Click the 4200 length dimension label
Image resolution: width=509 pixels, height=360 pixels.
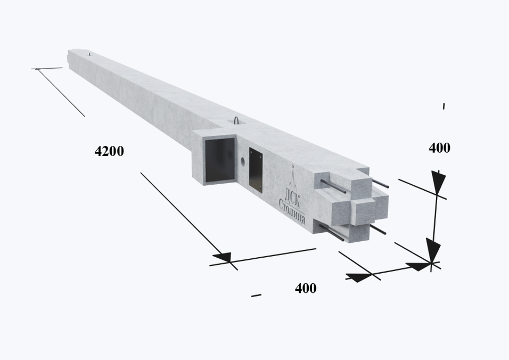(109, 151)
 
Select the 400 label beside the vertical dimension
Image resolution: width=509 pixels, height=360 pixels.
(440, 148)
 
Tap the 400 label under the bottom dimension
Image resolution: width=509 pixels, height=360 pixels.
(306, 288)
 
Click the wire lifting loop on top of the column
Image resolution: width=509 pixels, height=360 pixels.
(236, 120)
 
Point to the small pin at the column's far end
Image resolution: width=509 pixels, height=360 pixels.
(89, 54)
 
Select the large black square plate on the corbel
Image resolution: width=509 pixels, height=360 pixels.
(220, 160)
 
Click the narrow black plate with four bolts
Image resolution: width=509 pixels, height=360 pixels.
(256, 170)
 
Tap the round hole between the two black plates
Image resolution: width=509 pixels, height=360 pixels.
(242, 161)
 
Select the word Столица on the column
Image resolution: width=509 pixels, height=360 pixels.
(292, 212)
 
